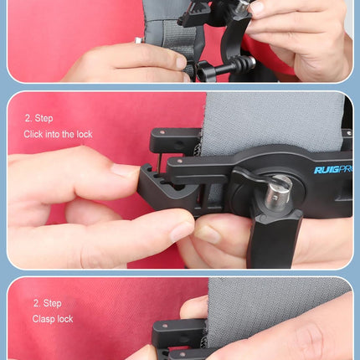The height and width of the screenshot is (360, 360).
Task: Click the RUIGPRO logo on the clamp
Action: pos(333,169)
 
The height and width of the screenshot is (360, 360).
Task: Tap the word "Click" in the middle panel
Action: pos(34,134)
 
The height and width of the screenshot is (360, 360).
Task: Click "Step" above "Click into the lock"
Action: pos(43,118)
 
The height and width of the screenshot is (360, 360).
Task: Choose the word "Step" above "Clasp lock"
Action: pos(52,303)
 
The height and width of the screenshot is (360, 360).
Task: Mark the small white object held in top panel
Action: pos(136,39)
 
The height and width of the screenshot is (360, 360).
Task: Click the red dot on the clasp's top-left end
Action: pos(155,132)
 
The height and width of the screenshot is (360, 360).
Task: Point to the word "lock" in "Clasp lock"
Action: pos(64,319)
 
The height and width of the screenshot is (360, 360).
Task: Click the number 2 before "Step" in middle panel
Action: pos(27,118)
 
